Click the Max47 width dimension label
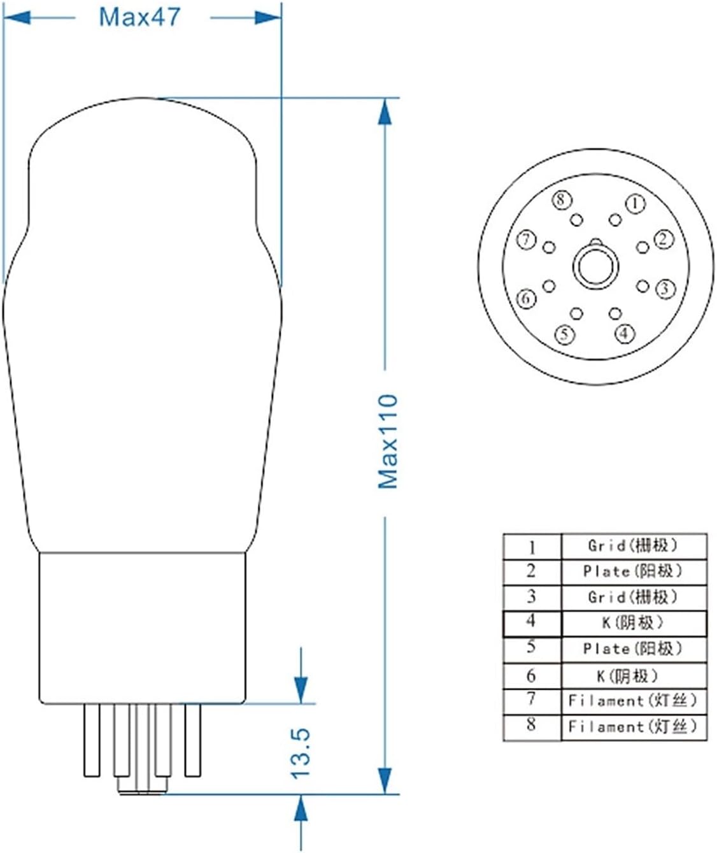click(139, 17)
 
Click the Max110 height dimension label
click(387, 441)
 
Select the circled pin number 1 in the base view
click(635, 203)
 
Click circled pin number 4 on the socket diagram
click(625, 333)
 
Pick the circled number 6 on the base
click(526, 297)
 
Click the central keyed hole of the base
click(595, 266)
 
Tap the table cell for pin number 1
click(532, 547)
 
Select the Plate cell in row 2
click(633, 571)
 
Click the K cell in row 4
click(633, 622)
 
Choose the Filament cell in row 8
click(633, 726)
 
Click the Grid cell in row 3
click(633, 597)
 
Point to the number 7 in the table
click(532, 699)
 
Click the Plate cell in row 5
click(633, 649)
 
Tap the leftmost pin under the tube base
click(92, 740)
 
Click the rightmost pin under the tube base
click(193, 740)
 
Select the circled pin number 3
click(665, 289)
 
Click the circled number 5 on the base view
click(564, 334)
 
